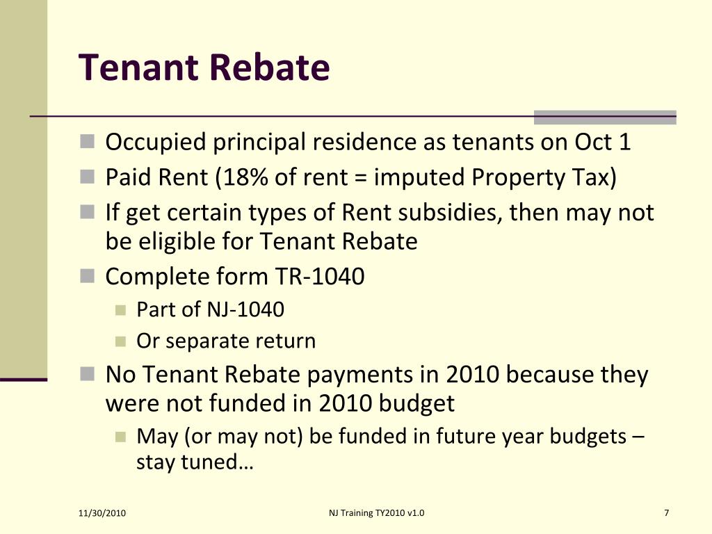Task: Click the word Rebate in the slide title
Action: tap(270, 67)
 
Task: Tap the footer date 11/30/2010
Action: tap(102, 513)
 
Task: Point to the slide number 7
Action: tap(667, 513)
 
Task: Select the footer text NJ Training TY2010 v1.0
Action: tap(376, 513)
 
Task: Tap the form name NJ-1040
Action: tap(245, 309)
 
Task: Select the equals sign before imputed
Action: tap(360, 178)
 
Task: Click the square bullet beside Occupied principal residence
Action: tap(87, 141)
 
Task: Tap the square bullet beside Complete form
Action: tap(87, 275)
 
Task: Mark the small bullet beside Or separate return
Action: tap(120, 341)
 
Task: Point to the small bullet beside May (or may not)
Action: tap(120, 437)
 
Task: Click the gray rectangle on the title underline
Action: tap(605, 117)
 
